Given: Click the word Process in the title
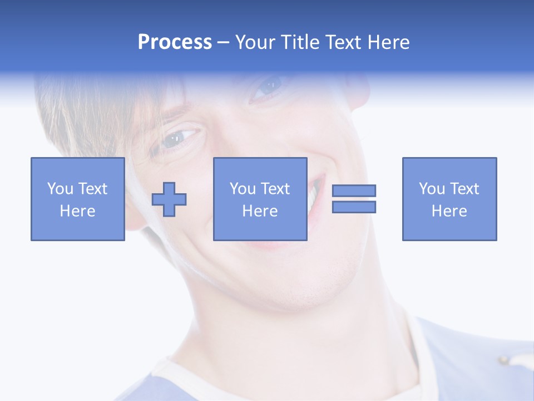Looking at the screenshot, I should pos(175,42).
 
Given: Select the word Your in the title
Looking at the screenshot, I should pos(255,42).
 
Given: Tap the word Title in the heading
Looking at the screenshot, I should pos(300,42).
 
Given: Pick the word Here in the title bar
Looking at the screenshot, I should pos(389,42).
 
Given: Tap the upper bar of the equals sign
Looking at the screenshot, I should pos(354,190).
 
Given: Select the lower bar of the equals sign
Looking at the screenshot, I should pos(354,207).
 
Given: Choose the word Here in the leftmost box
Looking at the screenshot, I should pos(77,211).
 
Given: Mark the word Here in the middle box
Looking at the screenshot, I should pos(260,211).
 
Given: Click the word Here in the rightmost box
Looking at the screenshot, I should pos(449,211).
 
